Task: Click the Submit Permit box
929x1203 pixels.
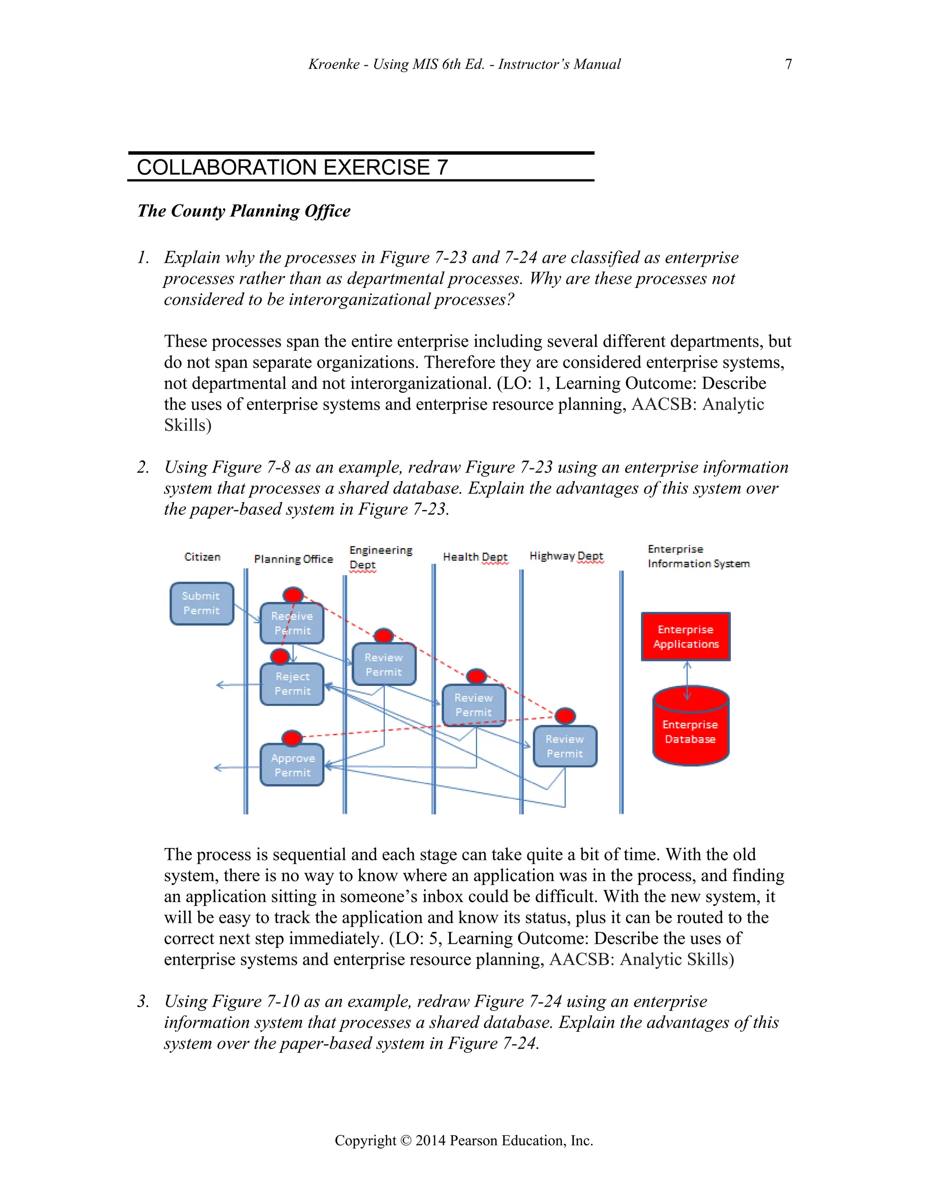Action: pyautogui.click(x=202, y=604)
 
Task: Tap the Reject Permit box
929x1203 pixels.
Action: pyautogui.click(x=292, y=684)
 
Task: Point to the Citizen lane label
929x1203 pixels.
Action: pyautogui.click(x=202, y=557)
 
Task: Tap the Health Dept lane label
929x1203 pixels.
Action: pyautogui.click(x=475, y=557)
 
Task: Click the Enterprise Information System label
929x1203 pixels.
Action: pyautogui.click(x=698, y=557)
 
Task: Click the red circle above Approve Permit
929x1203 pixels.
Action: pyautogui.click(x=292, y=738)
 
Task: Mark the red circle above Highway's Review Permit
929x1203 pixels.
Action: pyautogui.click(x=565, y=715)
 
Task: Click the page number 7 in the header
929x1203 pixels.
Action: pyautogui.click(x=788, y=64)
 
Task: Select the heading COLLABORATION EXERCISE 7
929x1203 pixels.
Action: pyautogui.click(x=292, y=168)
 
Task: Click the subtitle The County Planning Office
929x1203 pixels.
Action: pyautogui.click(x=244, y=211)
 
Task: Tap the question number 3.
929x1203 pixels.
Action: pyautogui.click(x=143, y=1001)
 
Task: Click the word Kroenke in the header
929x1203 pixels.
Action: pyautogui.click(x=333, y=64)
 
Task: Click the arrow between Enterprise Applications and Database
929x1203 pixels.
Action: pyautogui.click(x=687, y=681)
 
